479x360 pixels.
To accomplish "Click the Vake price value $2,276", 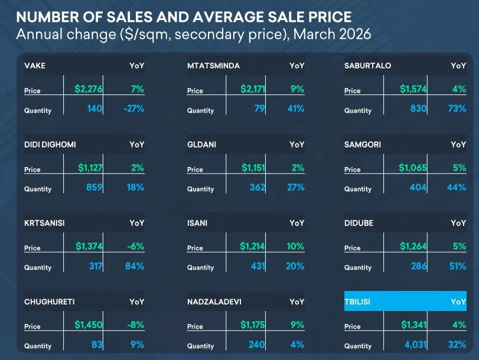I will (x=89, y=89).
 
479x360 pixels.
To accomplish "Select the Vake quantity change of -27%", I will (x=132, y=109).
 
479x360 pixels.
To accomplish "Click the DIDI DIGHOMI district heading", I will (x=50, y=144).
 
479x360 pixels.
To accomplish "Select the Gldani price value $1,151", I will (x=253, y=168).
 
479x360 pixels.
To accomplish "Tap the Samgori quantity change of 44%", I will (x=457, y=187).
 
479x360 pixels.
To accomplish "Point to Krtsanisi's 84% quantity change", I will (x=134, y=266).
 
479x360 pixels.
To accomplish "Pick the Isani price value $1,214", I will (x=253, y=246).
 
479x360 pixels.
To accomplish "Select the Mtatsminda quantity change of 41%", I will (x=296, y=109).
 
